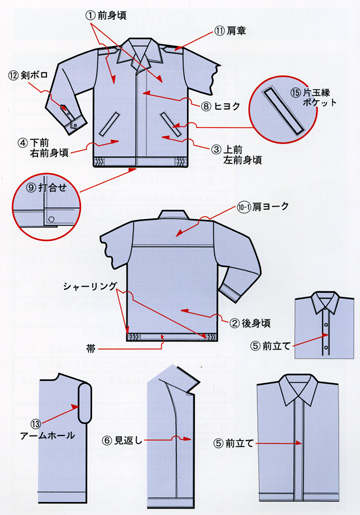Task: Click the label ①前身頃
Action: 106,15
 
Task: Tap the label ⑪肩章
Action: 230,31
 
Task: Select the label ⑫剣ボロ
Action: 28,75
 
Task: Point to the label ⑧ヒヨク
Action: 220,106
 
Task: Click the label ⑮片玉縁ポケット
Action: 314,97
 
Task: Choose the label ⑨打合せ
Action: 46,188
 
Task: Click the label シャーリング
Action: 90,286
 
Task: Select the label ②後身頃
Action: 250,323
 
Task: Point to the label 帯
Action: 91,349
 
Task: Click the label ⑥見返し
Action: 122,440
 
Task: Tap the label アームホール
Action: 47,435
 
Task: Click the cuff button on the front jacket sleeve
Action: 75,124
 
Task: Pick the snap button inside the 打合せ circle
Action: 51,219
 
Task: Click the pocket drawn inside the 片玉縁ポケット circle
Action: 283,111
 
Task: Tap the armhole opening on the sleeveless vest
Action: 85,403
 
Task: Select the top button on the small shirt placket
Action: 326,325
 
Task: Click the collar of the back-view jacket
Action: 172,214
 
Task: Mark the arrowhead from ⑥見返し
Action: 188,439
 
